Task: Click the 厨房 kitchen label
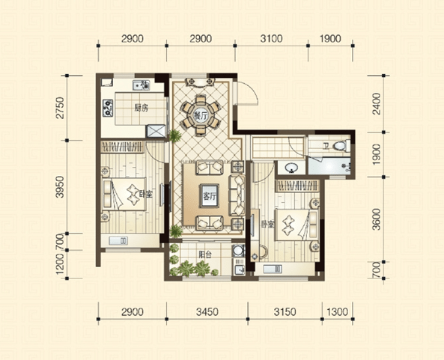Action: point(141,108)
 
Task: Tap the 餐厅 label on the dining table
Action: point(201,115)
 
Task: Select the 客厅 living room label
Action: point(209,196)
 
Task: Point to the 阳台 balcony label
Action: point(205,254)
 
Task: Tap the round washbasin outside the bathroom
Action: point(291,168)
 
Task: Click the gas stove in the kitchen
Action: point(108,108)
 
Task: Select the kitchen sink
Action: point(141,85)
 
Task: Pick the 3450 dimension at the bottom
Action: point(207,312)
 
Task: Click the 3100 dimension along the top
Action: point(271,38)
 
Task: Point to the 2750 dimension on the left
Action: point(60,108)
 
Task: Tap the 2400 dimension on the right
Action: point(377,104)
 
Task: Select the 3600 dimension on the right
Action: point(377,219)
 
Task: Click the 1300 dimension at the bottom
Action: point(337,312)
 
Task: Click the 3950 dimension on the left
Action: point(60,187)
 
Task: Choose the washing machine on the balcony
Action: point(238,251)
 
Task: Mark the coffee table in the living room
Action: point(209,196)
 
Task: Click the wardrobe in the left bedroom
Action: point(122,147)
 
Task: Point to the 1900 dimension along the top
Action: point(330,38)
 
